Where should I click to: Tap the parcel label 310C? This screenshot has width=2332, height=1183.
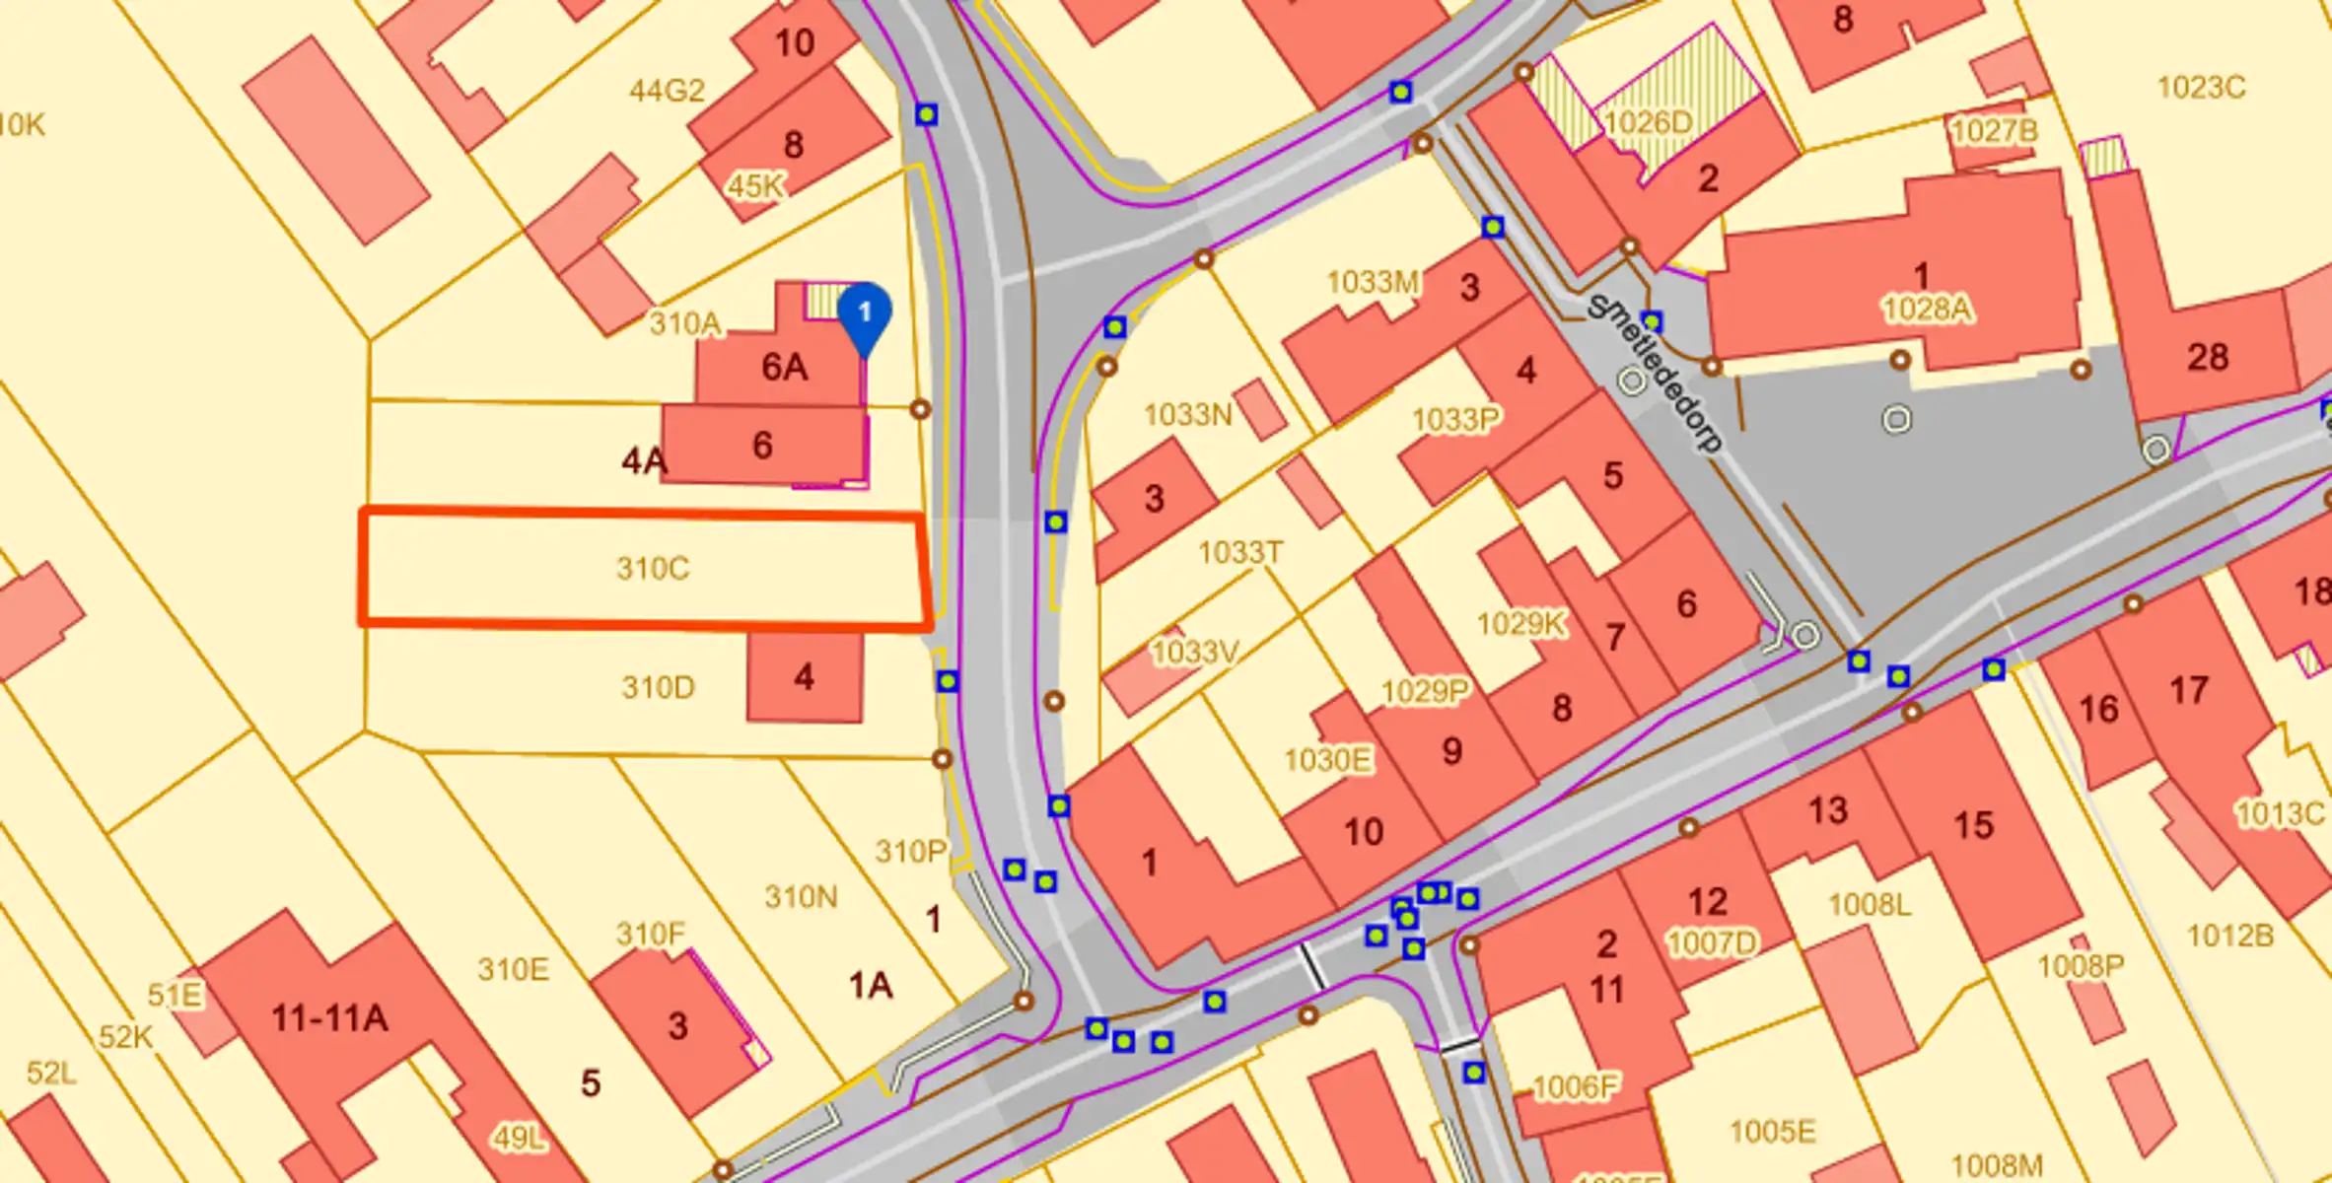click(653, 569)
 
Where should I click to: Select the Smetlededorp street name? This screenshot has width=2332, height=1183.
click(1657, 373)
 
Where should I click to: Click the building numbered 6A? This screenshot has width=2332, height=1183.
click(784, 368)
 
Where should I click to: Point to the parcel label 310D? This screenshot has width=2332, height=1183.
click(658, 687)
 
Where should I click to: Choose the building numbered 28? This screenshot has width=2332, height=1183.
click(2207, 357)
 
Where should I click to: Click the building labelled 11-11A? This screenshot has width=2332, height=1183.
click(329, 1017)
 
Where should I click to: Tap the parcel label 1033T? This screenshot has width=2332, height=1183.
click(1240, 552)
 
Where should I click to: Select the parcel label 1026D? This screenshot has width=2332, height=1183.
click(1648, 123)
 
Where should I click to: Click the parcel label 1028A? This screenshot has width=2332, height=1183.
click(1927, 310)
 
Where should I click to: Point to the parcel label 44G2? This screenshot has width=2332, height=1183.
click(668, 92)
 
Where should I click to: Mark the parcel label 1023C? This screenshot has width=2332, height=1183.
click(2201, 88)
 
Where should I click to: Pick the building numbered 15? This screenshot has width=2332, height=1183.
click(1973, 825)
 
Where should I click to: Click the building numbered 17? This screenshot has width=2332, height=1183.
click(2188, 690)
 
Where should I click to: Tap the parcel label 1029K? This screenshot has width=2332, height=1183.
click(1520, 624)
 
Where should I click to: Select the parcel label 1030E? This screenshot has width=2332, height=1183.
click(1327, 760)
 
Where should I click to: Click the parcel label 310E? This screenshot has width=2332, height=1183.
click(513, 970)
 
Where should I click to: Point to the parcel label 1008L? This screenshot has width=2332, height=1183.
click(1869, 905)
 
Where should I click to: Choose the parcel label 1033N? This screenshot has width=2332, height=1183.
click(1187, 415)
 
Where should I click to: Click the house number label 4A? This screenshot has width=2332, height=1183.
click(643, 460)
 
